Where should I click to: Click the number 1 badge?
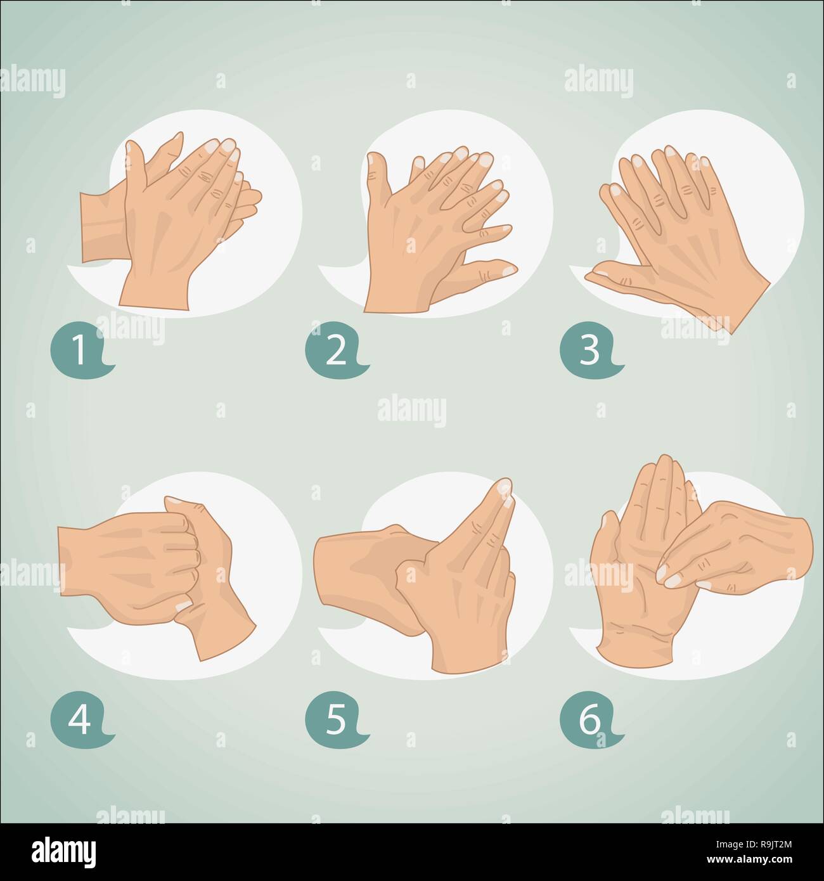coord(79,351)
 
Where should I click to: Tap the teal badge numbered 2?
coord(335,351)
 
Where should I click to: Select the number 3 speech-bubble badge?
coord(589,351)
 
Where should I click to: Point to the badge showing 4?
coord(79,722)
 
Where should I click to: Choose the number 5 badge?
coord(335,722)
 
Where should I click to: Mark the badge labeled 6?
coord(589,722)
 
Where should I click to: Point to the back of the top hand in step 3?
coord(710,254)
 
